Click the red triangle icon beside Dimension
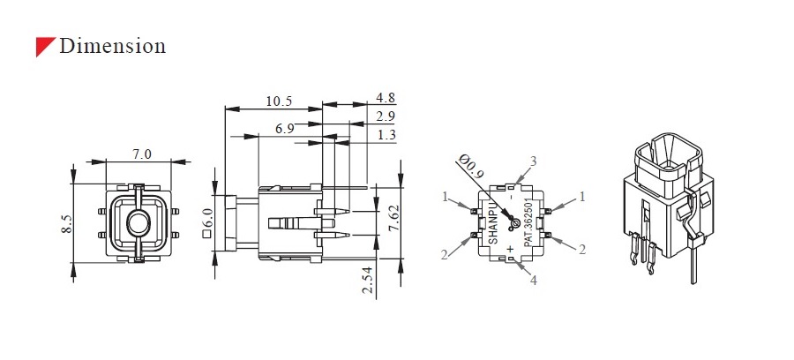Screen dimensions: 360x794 (x=44, y=47)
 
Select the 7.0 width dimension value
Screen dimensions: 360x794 (x=142, y=154)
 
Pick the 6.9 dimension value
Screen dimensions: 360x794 (x=284, y=129)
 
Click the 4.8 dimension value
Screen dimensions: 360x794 (x=386, y=97)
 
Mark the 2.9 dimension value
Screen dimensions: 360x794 (x=386, y=116)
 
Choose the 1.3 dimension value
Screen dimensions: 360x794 (x=386, y=135)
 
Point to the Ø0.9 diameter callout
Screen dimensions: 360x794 (x=475, y=169)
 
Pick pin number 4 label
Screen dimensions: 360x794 (x=532, y=281)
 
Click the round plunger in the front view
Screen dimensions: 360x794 (x=137, y=223)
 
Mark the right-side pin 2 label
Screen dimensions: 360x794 (x=582, y=250)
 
